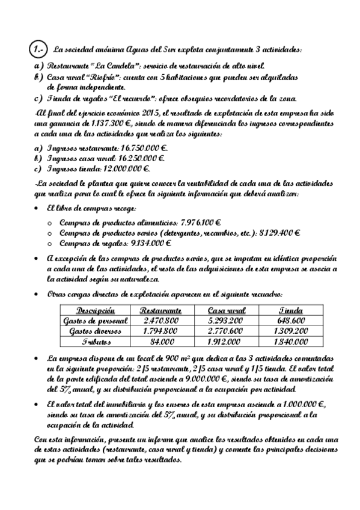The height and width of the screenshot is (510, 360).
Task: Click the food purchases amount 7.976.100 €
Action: pos(194,222)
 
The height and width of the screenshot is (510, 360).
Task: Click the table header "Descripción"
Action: pos(96,310)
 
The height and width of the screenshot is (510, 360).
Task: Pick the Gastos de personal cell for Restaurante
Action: pos(160,321)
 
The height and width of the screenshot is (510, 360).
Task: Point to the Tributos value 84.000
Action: pos(160,341)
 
